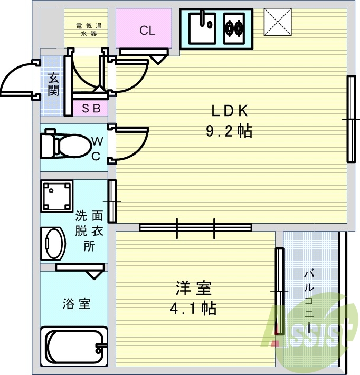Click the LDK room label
229,111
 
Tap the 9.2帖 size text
229,131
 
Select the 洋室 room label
193,289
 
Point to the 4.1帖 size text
193,309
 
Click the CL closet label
147,31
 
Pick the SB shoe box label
91,109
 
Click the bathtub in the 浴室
74,348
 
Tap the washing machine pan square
56,196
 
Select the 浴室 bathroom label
77,304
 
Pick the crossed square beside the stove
278,22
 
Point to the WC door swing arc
135,142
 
